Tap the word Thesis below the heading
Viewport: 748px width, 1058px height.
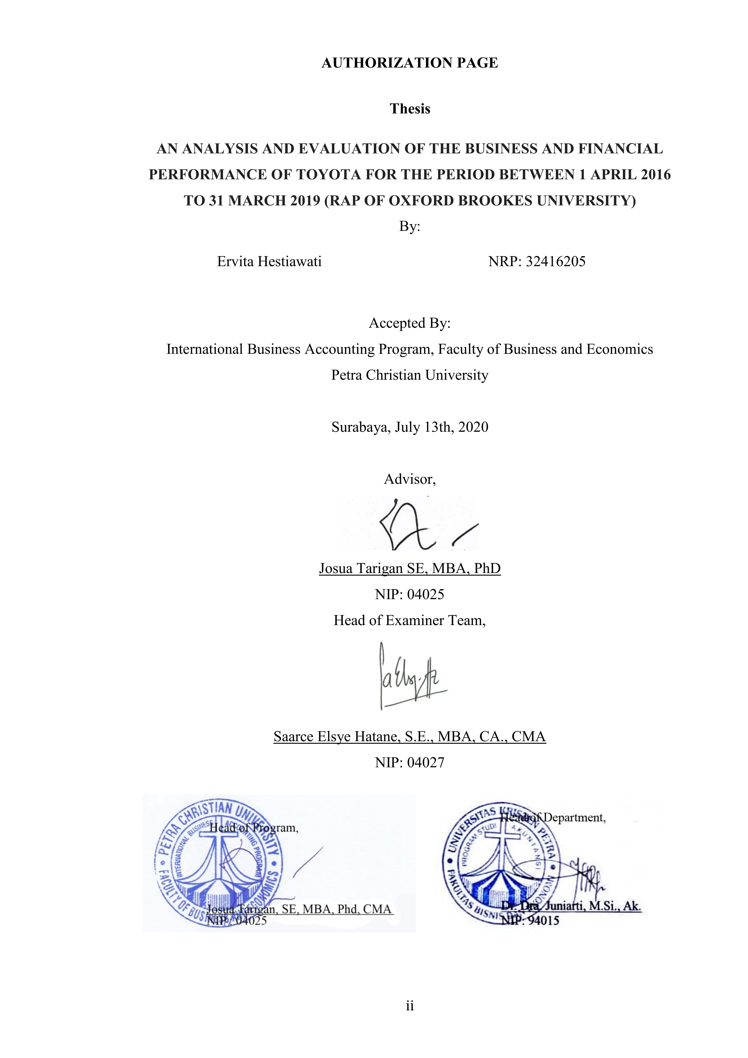click(410, 109)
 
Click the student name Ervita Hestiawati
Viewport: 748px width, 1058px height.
click(269, 262)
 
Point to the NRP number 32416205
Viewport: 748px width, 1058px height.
click(555, 262)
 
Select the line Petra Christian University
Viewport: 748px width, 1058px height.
click(409, 375)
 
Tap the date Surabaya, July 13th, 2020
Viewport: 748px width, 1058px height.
click(409, 427)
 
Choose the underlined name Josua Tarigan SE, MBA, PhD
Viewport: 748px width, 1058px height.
click(409, 568)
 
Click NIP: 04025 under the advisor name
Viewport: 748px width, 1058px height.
click(409, 594)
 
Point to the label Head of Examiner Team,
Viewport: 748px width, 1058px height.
click(409, 621)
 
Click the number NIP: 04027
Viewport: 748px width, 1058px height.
click(409, 763)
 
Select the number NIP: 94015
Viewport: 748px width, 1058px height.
click(530, 921)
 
